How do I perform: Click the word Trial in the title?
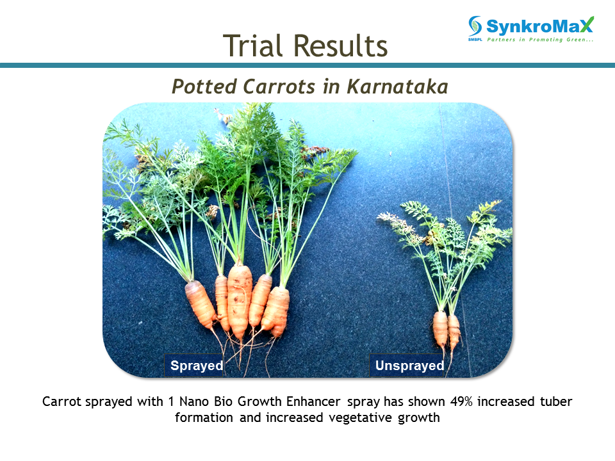pos(252,46)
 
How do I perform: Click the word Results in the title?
pos(340,46)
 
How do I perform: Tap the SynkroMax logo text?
pos(540,26)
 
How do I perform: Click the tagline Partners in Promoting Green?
pos(540,40)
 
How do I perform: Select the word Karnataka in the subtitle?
pos(397,86)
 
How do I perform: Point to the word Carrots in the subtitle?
pos(279,86)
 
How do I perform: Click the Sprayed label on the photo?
pos(197,366)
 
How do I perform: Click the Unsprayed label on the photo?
pos(409,366)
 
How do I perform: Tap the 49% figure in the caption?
pos(461,402)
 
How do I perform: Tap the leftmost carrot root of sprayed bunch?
pos(201,303)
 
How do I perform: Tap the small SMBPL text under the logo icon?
pos(475,40)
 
